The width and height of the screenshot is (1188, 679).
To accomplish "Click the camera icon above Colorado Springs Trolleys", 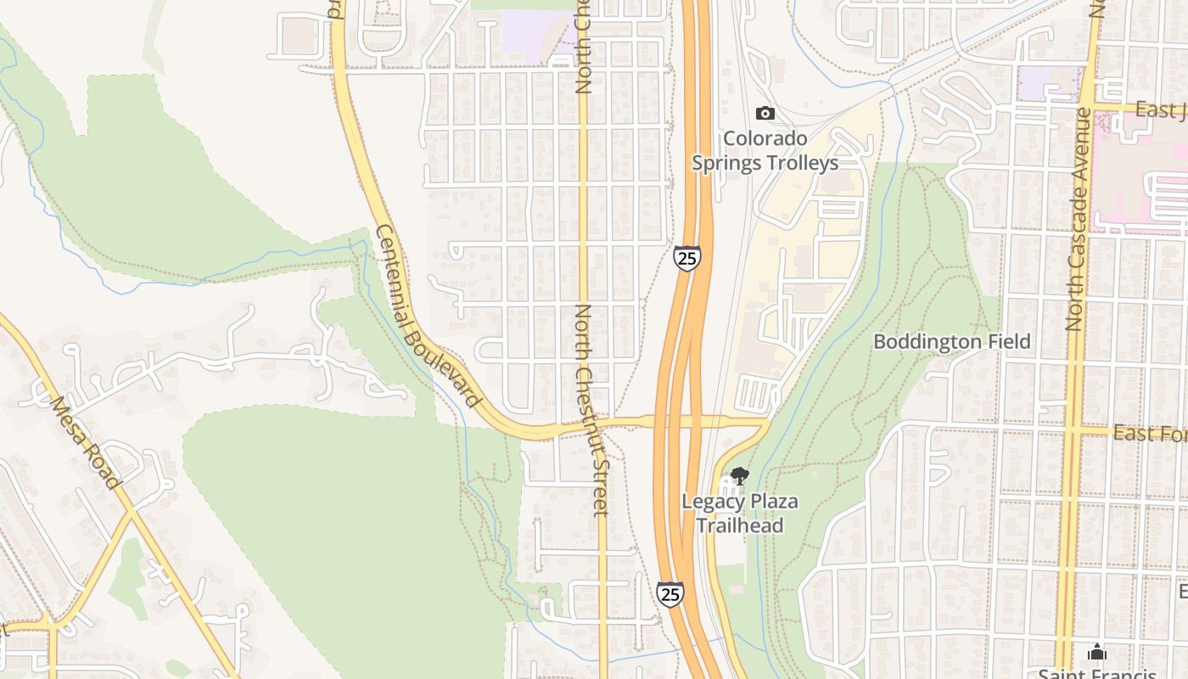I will pos(765,113).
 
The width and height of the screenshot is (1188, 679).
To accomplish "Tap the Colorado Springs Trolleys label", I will pos(765,150).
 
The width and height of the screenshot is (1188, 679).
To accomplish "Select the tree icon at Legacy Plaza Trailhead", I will pos(739,476).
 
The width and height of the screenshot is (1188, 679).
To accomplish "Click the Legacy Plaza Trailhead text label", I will pos(740,513).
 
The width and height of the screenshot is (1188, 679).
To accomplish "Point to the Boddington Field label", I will pos(952,342).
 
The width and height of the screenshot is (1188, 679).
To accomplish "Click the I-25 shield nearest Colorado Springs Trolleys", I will pos(687,257).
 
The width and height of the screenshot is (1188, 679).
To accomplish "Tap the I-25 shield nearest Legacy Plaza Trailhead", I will pos(670,593).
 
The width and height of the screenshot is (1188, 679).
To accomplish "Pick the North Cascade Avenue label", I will pos(1078,219).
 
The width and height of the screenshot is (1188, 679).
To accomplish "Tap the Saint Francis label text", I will pos(1097,674).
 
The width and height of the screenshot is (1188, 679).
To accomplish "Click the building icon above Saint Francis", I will pos(1097,653).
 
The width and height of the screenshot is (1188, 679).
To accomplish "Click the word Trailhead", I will pos(740,525).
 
